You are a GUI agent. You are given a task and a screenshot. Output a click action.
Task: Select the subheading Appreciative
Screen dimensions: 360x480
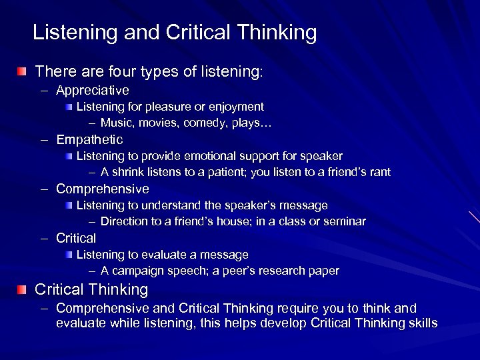(x=93, y=89)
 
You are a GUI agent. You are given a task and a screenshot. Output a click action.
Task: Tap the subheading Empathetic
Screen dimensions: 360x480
(x=90, y=139)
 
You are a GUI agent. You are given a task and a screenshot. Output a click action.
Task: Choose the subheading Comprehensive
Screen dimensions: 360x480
(x=103, y=189)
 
